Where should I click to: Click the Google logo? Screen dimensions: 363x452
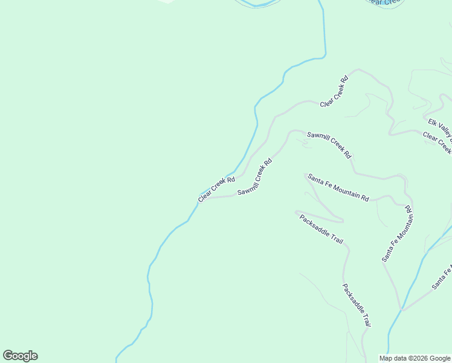click(x=20, y=356)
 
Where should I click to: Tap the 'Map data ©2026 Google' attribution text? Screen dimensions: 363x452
click(x=415, y=358)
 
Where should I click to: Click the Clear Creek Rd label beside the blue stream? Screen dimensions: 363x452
click(x=216, y=189)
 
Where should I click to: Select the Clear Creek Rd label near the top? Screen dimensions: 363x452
click(x=335, y=91)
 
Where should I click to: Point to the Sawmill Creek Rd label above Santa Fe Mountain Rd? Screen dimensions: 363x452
click(x=329, y=145)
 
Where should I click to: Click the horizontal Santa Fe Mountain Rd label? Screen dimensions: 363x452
click(x=338, y=188)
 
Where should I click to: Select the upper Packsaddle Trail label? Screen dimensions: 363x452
click(x=321, y=229)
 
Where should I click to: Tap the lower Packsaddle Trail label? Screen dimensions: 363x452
click(x=356, y=305)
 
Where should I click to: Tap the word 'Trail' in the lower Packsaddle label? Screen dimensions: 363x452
click(x=364, y=318)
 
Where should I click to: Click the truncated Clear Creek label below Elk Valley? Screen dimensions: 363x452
click(x=437, y=142)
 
